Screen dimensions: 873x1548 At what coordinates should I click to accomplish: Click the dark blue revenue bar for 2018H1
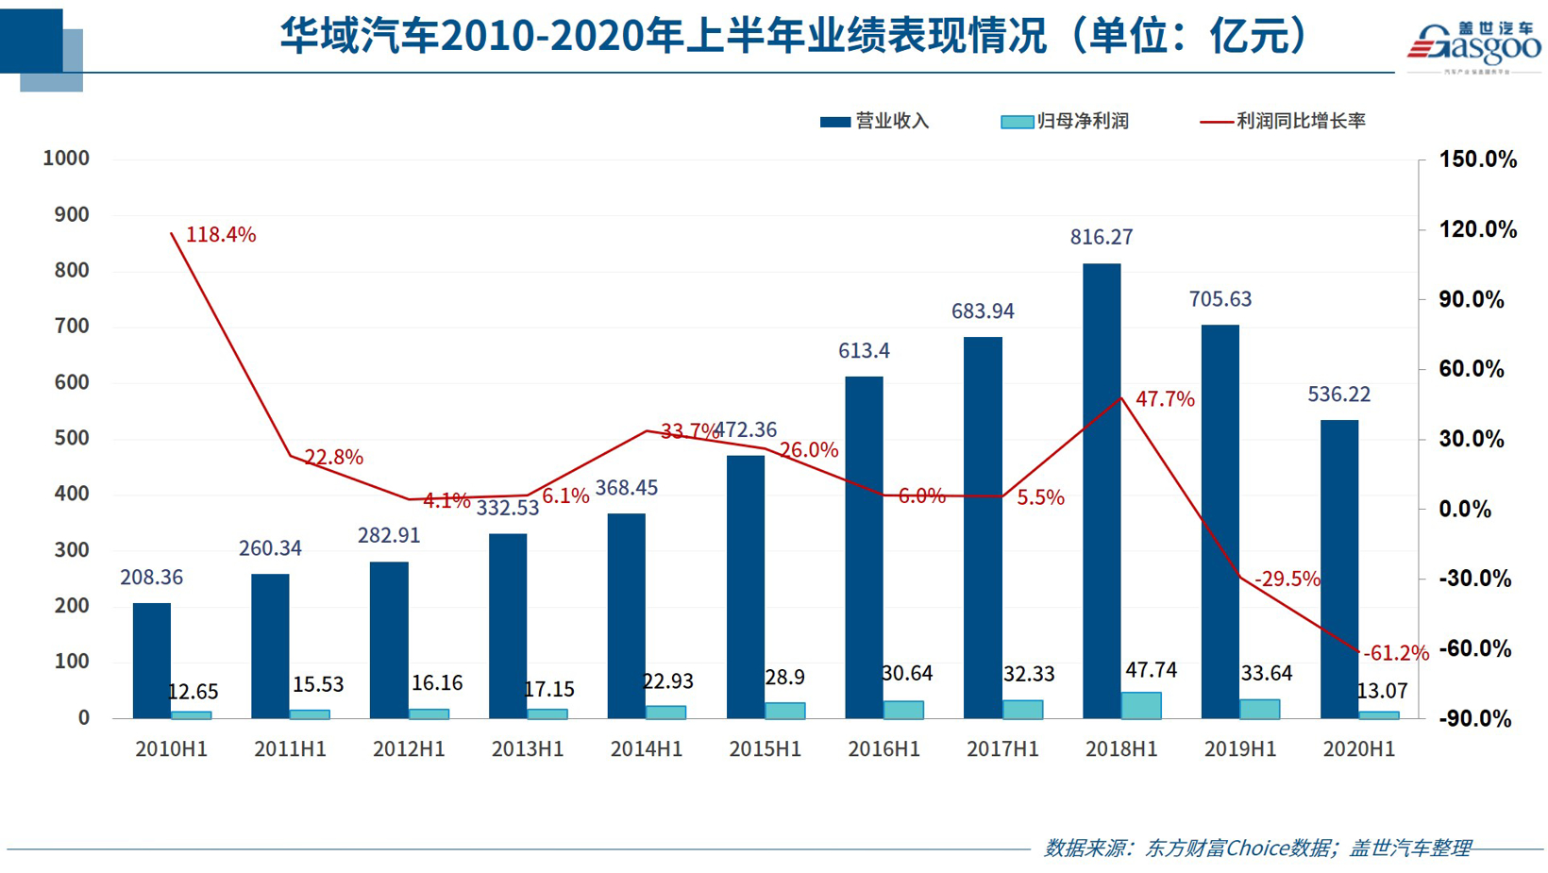tap(1102, 491)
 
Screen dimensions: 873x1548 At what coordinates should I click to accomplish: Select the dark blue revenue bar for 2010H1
tap(152, 661)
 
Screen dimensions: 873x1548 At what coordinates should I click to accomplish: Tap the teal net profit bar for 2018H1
tap(1141, 706)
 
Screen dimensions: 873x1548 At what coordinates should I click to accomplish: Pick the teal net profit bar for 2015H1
tap(784, 711)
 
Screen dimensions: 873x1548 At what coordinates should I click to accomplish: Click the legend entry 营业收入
tap(875, 122)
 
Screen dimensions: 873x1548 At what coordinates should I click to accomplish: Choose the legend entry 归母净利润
tap(1065, 122)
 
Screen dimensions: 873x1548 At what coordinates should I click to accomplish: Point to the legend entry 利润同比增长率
tap(1283, 122)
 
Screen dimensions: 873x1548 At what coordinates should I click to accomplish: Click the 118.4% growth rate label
tap(221, 235)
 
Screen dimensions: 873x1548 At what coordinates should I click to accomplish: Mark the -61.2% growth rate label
tap(1396, 653)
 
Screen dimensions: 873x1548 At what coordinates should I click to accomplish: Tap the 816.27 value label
tap(1102, 238)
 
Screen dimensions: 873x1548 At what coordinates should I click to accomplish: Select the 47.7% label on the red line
tap(1165, 399)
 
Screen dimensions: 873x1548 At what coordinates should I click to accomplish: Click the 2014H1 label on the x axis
tap(647, 749)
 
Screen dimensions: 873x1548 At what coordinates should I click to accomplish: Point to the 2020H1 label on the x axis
tap(1358, 749)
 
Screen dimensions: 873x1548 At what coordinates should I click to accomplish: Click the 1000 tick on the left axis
tap(66, 159)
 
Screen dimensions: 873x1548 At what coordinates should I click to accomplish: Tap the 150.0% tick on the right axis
tap(1477, 159)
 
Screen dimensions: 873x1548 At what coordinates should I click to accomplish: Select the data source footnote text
tap(1256, 848)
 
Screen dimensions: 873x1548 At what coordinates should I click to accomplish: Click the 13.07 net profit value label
tap(1382, 692)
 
